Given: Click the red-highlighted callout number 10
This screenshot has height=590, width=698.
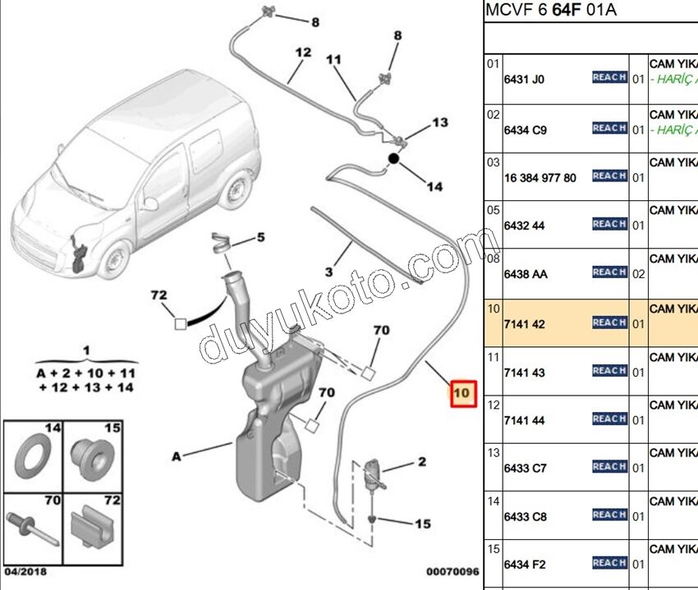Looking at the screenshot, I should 462,394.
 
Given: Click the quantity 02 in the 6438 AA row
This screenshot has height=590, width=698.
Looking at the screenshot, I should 639,274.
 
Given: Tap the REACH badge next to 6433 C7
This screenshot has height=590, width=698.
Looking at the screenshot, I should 609,466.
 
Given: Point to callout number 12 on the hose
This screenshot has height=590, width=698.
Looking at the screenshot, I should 303,53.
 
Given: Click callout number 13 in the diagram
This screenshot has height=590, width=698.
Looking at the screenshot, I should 440,122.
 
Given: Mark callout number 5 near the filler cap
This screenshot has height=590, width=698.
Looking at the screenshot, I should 260,238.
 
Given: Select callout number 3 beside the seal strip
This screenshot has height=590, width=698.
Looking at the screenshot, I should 328,272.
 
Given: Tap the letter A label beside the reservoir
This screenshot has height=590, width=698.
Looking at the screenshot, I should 177,456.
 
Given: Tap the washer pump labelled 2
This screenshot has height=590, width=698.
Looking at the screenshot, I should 371,474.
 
